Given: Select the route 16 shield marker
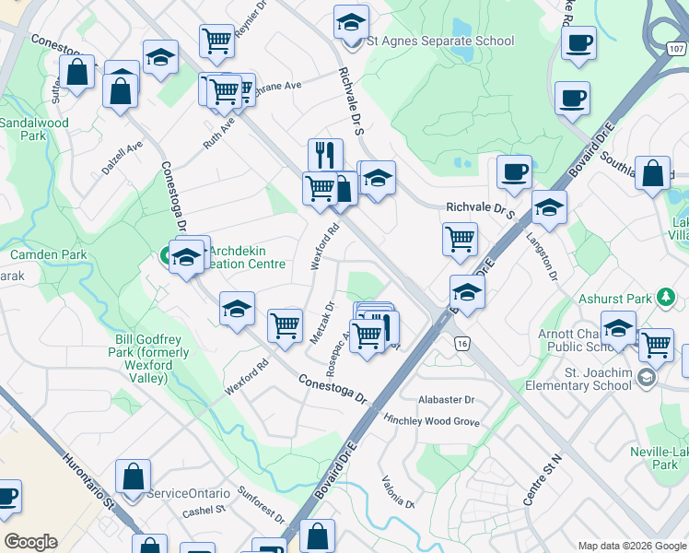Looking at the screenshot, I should point(462,343).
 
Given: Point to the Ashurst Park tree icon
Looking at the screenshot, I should point(666,298).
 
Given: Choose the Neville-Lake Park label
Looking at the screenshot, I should point(641,458).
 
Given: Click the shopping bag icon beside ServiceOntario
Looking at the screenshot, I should point(134,477).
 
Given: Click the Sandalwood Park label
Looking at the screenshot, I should point(33,129).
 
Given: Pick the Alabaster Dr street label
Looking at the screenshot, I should point(446,400).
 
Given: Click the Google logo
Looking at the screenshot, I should point(31,542).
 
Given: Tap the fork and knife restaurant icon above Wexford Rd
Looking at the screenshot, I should point(325,154).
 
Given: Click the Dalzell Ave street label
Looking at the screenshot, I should point(123,159).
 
